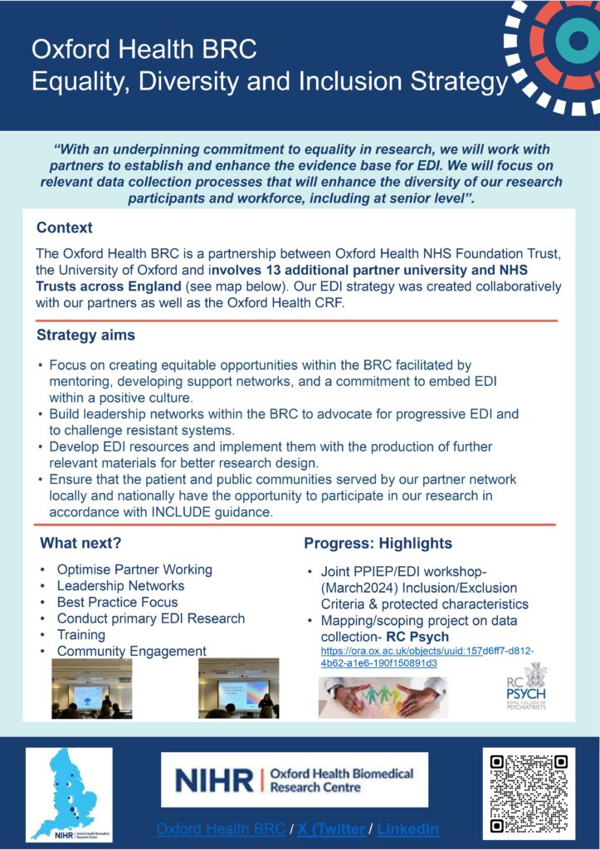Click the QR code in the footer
click(x=529, y=792)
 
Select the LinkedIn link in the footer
click(x=409, y=829)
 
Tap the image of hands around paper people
click(x=383, y=696)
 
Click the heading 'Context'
click(x=65, y=227)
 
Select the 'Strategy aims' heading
click(x=85, y=336)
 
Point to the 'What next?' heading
click(x=80, y=544)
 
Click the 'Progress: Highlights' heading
click(x=378, y=544)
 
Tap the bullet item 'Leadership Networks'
click(x=120, y=586)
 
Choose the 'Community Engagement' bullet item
click(x=131, y=652)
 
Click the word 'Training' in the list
click(x=80, y=635)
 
